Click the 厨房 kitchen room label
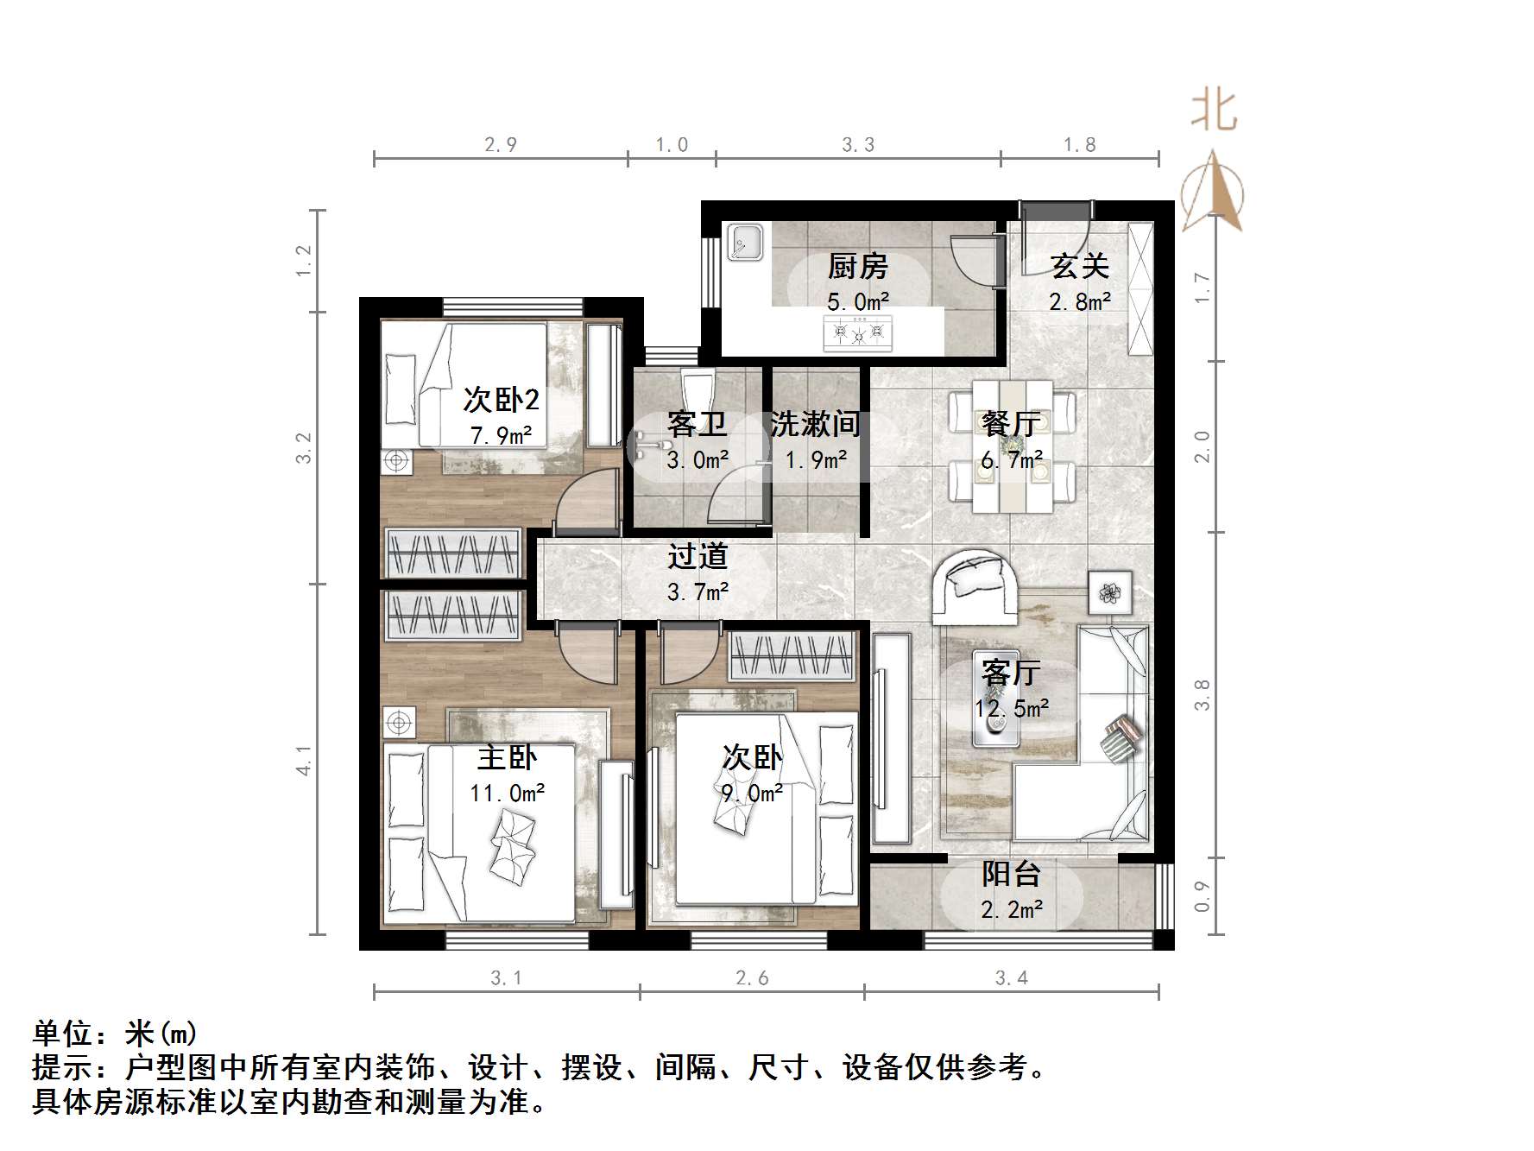[x=857, y=267]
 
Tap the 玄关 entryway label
[x=1079, y=267]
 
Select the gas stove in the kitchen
[x=858, y=332]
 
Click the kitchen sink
[x=744, y=242]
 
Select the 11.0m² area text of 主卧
[x=507, y=793]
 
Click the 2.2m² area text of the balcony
[x=1012, y=909]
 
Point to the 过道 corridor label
[x=698, y=557]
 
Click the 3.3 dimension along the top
[x=858, y=145]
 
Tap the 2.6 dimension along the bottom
[x=752, y=977]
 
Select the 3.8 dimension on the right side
[x=1202, y=694]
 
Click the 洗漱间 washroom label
[x=815, y=424]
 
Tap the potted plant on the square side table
[x=1109, y=592]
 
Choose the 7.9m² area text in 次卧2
[x=501, y=435]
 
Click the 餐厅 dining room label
[x=1011, y=424]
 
